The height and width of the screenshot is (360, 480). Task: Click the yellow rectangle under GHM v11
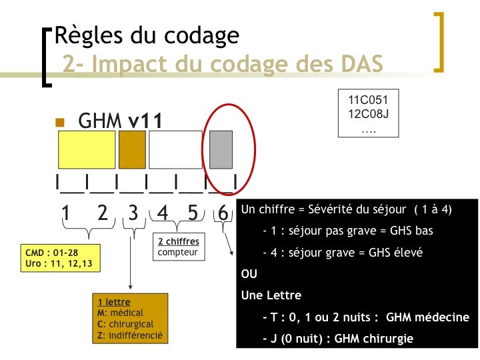tap(87, 150)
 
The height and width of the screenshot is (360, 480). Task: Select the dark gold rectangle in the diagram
tap(132, 150)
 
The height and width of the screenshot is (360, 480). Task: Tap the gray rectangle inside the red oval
tap(221, 150)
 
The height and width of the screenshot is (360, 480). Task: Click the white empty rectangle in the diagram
tap(175, 150)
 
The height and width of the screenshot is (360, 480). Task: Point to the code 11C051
tap(368, 100)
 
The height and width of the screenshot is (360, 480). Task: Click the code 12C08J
tap(368, 114)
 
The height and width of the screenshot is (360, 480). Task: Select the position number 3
tap(133, 213)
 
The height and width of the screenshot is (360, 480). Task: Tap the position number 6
tap(223, 212)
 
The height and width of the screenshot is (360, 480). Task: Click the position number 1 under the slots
tap(65, 213)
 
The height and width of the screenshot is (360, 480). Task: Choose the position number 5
tap(193, 213)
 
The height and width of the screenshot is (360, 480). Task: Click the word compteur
tap(177, 253)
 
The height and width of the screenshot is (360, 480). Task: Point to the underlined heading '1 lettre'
tap(114, 302)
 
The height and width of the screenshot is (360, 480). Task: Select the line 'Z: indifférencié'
tap(130, 335)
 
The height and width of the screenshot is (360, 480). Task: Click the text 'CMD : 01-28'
tap(51, 253)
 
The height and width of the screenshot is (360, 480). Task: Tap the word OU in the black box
tap(249, 274)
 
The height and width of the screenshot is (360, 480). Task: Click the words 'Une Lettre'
tap(271, 295)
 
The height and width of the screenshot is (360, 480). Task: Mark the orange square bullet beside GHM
tap(60, 123)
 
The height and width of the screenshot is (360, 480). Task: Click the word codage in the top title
tap(201, 37)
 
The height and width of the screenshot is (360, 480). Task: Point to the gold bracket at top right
tap(441, 42)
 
